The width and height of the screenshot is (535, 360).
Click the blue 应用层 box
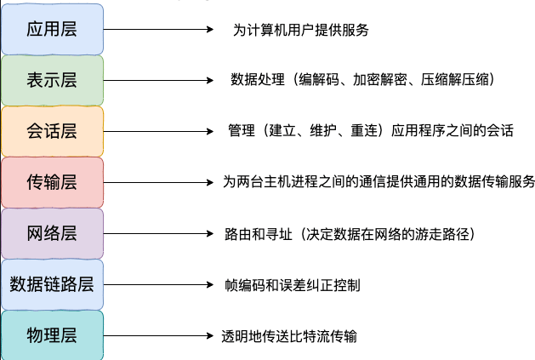coord(52,29)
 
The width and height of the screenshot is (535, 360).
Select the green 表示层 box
coord(52,80)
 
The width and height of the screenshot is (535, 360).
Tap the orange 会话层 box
coord(52,131)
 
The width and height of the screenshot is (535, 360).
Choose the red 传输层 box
coord(52,182)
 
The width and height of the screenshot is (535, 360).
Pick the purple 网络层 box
coord(52,233)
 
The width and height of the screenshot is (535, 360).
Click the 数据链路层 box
coord(52,284)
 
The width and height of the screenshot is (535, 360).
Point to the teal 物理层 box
coord(52,335)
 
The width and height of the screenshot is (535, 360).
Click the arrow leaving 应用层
coord(158,29)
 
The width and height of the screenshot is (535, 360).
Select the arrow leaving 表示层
coord(158,80)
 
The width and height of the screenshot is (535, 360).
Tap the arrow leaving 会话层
coord(158,131)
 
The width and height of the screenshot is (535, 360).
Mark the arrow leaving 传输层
coord(158,182)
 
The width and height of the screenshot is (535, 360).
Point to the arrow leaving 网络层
coord(158,233)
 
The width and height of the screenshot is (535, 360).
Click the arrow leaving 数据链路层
coord(158,284)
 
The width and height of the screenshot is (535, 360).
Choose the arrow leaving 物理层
coord(158,335)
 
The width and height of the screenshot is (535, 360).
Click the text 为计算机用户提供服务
coord(300,30)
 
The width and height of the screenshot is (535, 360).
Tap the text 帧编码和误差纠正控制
coord(292,284)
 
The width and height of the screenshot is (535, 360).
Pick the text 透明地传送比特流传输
coord(289,335)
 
